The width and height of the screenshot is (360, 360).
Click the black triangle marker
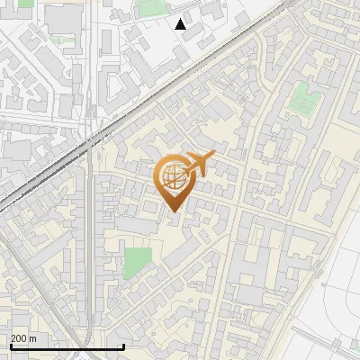click(181, 24)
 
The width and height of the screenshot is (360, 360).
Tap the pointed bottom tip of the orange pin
click(174, 211)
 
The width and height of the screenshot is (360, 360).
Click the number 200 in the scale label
click(20, 339)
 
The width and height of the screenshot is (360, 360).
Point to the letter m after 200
click(34, 339)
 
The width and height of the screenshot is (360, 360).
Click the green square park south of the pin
click(138, 264)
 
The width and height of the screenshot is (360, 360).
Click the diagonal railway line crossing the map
click(135, 106)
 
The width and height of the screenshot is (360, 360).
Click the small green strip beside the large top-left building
click(63, 40)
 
